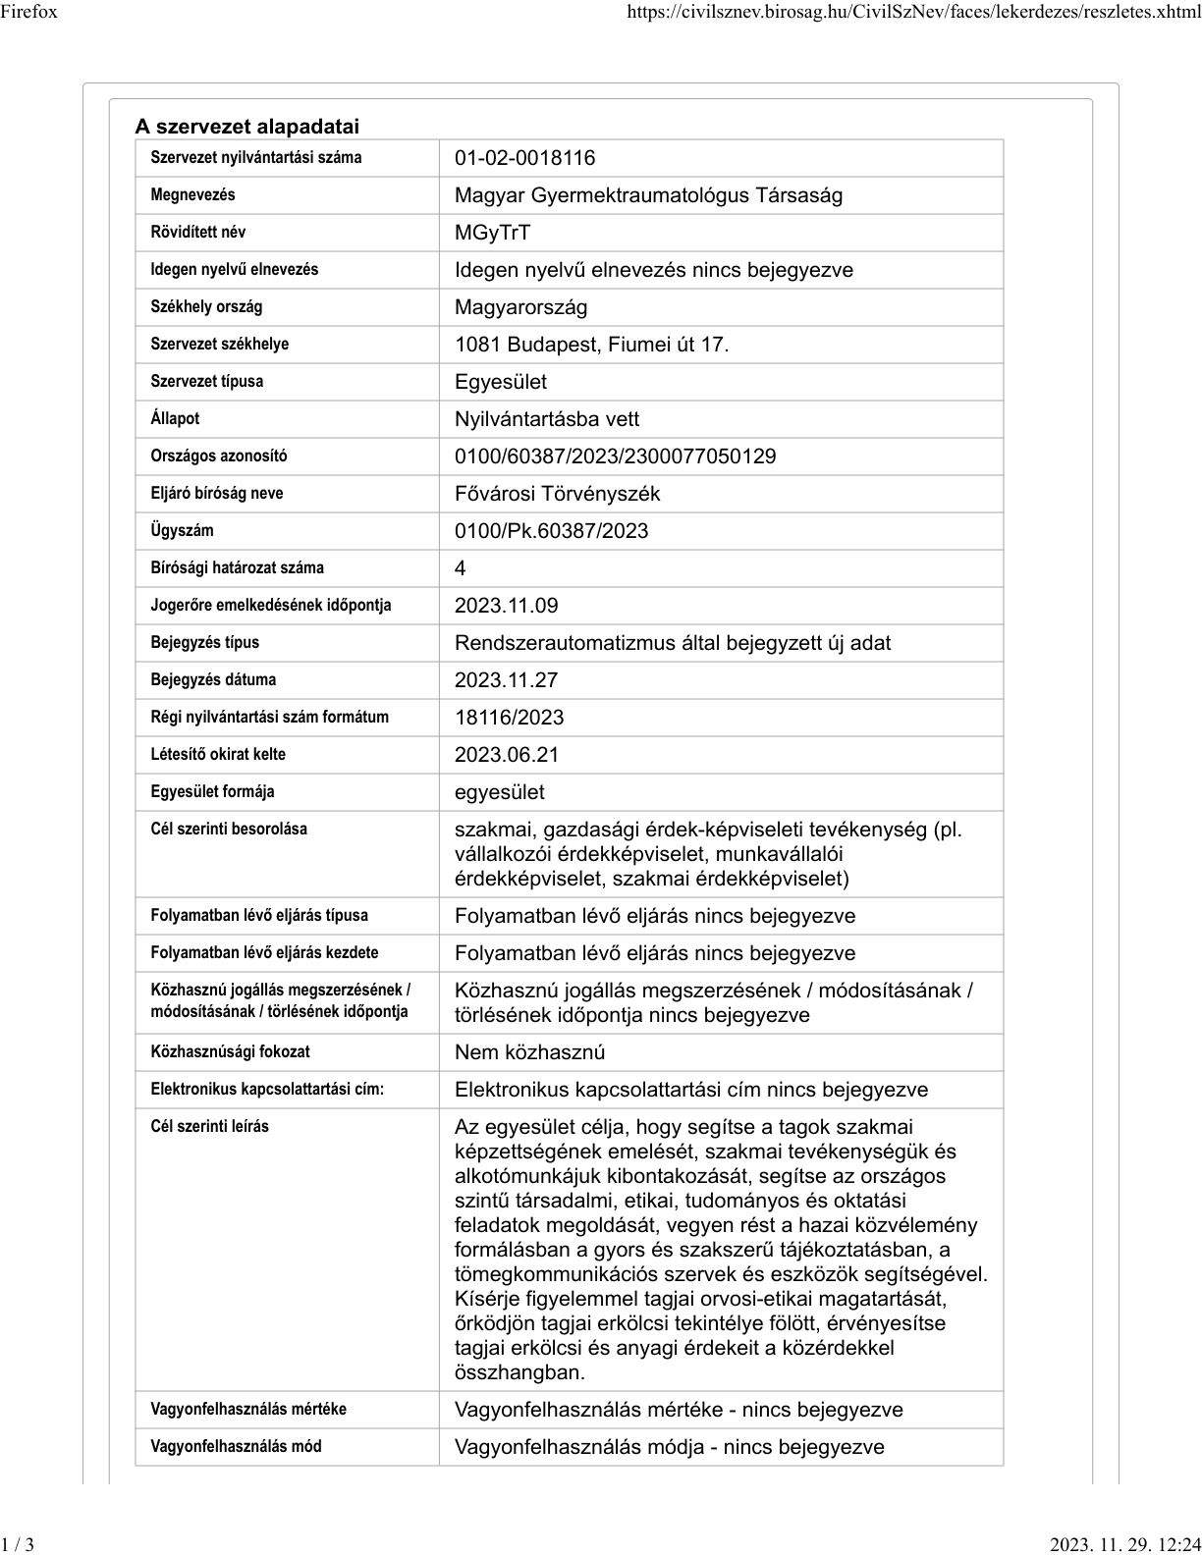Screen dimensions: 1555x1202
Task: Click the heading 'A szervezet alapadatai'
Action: pos(247,127)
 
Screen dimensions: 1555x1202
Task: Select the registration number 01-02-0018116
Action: pos(524,158)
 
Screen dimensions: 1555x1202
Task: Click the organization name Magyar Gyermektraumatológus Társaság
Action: pos(648,195)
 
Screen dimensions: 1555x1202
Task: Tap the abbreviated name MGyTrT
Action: pos(492,233)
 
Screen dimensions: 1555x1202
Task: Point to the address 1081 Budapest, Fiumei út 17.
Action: pos(591,345)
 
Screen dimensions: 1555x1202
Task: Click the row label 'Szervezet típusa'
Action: pos(207,381)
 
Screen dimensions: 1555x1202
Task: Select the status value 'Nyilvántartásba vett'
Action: pos(546,419)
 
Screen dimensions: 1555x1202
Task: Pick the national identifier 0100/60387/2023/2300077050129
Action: pos(615,456)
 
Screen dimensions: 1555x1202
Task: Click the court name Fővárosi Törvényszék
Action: pos(557,494)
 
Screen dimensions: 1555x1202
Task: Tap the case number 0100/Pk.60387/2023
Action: pos(551,531)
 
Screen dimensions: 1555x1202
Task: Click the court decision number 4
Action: pos(460,568)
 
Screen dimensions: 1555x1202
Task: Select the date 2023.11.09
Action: pos(506,606)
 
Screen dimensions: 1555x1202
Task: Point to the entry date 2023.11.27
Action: pos(506,680)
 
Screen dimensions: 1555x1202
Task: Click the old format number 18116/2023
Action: pos(509,718)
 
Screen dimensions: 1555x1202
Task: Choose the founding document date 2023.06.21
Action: pos(506,755)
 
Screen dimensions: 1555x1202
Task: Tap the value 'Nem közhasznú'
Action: pos(529,1052)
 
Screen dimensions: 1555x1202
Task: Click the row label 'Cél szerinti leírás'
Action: pos(209,1126)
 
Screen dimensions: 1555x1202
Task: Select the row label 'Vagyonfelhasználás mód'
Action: pos(236,1446)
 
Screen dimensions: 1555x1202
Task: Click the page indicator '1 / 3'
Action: pos(18,1544)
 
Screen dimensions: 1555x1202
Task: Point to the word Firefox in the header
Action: pos(29,12)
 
